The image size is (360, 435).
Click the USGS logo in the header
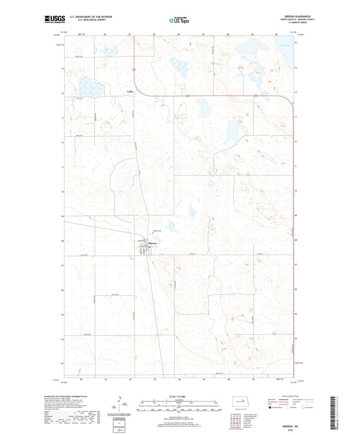click(x=55, y=19)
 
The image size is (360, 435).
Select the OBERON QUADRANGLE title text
click(x=296, y=17)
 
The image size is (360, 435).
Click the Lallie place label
click(x=130, y=92)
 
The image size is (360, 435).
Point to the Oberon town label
click(x=152, y=243)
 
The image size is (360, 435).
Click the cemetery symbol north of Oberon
click(x=153, y=234)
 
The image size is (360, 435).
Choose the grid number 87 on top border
click(x=203, y=33)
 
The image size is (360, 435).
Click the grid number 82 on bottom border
click(x=81, y=379)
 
